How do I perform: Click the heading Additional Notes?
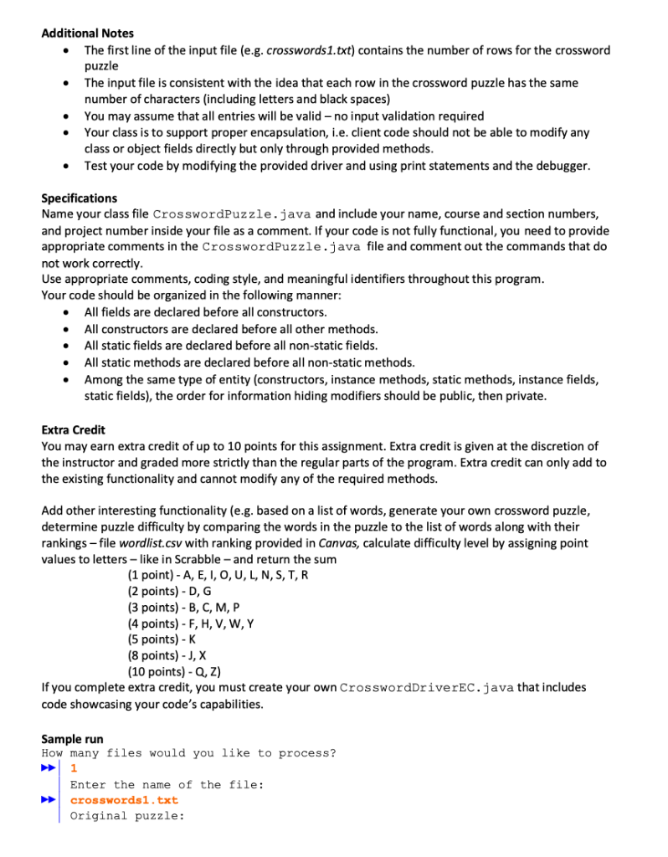coord(87,33)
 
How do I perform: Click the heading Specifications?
coord(80,198)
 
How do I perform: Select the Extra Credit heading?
coord(73,429)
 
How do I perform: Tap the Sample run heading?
coord(72,739)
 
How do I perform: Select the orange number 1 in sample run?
coord(74,768)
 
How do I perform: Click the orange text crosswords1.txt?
coord(124,800)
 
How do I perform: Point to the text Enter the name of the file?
coord(167,784)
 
